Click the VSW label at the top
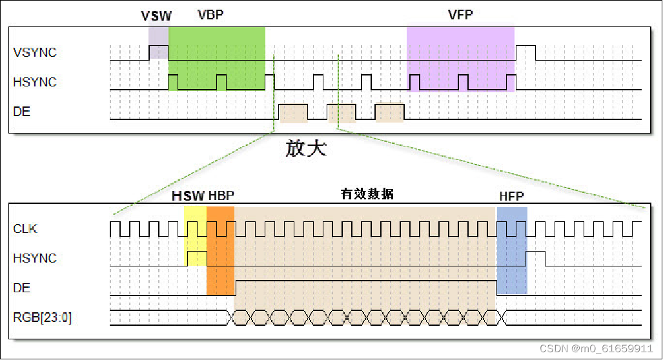[156, 15]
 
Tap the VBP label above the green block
[210, 15]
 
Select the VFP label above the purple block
[460, 15]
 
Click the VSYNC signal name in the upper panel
[35, 52]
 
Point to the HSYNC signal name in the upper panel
[35, 82]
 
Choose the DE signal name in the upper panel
[22, 112]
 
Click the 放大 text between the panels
[307, 149]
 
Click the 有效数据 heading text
[367, 194]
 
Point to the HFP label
[511, 196]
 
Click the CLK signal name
[25, 228]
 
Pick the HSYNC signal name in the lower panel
[35, 258]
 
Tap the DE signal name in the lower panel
[22, 288]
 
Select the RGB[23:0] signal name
[43, 317]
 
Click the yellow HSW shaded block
[195, 235]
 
